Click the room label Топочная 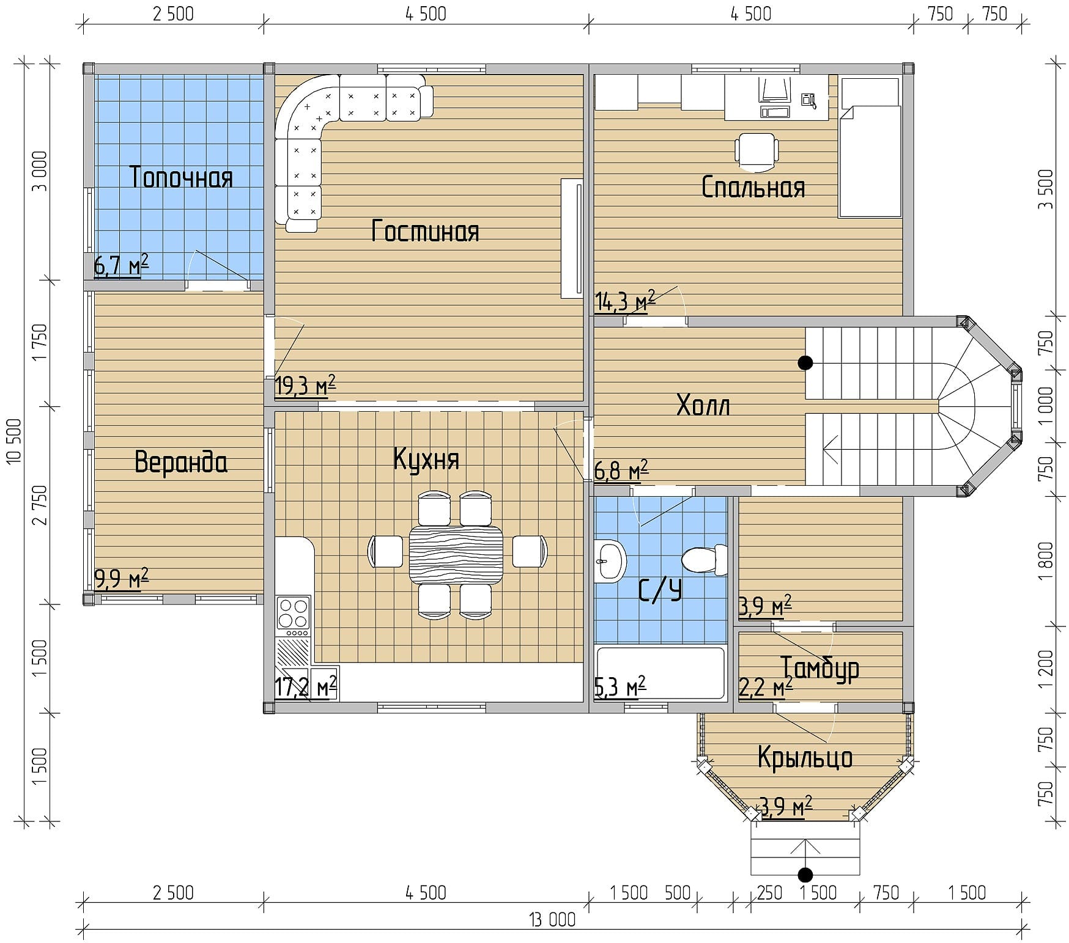(x=182, y=178)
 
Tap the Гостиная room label (x=425, y=232)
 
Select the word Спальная (x=753, y=187)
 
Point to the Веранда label (x=181, y=462)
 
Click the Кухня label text (x=426, y=460)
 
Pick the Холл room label (x=703, y=405)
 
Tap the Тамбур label (x=819, y=668)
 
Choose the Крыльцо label (x=805, y=758)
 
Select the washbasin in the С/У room (x=610, y=560)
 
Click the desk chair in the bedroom (x=756, y=150)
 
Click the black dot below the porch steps (x=805, y=875)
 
